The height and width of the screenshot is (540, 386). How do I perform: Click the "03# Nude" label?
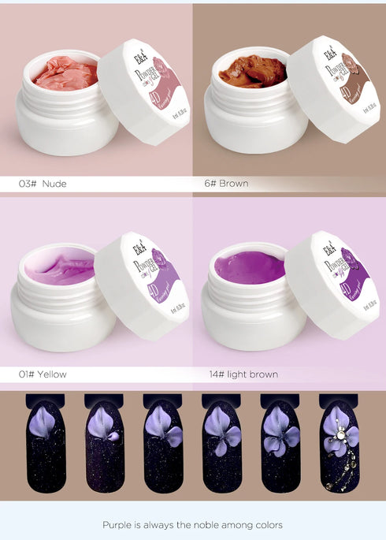click(43, 184)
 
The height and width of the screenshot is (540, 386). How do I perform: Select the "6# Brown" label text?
click(226, 184)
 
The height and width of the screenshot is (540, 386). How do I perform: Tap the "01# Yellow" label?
click(43, 374)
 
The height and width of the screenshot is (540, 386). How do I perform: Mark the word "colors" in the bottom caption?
click(267, 524)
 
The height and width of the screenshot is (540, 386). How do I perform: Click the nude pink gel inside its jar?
click(66, 73)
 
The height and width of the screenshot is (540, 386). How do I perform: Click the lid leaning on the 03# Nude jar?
click(150, 91)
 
